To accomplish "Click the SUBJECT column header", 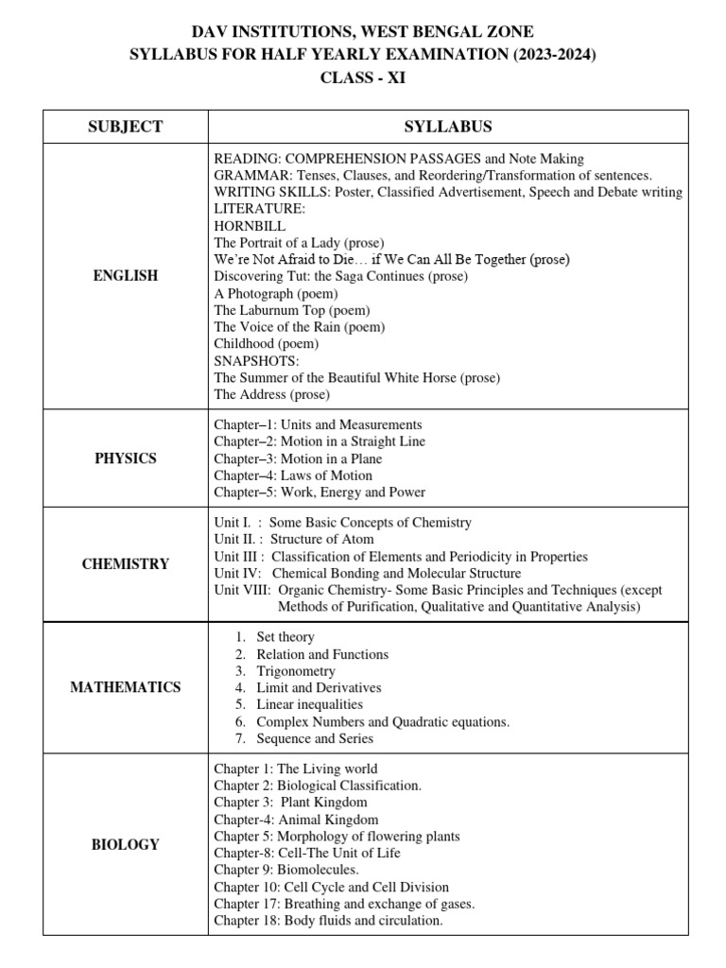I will coord(125,127).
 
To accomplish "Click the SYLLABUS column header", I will coord(448,127).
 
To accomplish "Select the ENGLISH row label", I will coord(125,276).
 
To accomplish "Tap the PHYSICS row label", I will coord(125,458).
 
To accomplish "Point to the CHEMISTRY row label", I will coord(125,564).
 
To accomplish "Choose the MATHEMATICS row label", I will coord(125,687).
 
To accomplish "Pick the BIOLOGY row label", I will coord(125,844).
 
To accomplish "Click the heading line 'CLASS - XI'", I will coord(363,78).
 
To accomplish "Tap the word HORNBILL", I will coord(250,226).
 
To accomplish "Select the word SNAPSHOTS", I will coord(256,361).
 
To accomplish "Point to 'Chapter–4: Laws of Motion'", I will coord(293,475).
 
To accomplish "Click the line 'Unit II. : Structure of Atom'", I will coord(293,539).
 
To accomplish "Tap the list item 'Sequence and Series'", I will coord(315,738).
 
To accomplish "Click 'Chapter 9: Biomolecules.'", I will coord(286,870).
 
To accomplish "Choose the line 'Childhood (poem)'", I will coord(266,344).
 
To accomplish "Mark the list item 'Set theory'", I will coord(285,637).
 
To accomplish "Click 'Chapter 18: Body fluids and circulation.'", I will coord(328,920).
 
